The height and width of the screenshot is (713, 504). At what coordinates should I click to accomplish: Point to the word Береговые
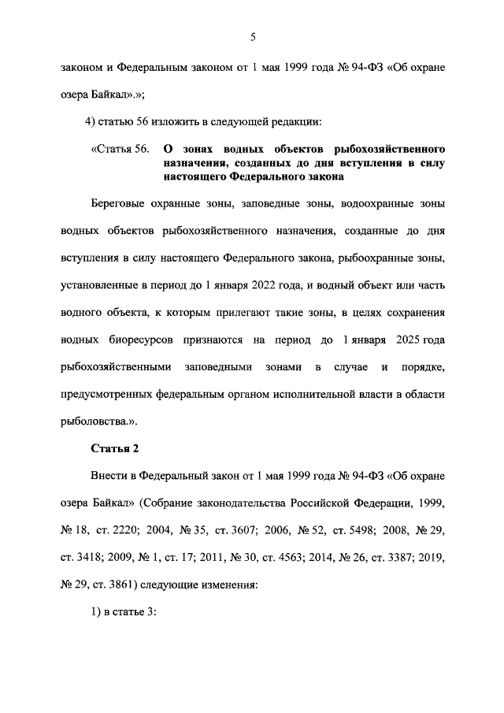120,203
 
